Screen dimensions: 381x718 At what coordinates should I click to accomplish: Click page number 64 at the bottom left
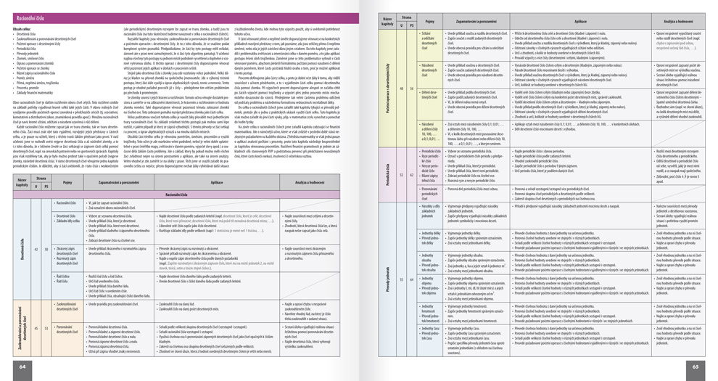(22, 366)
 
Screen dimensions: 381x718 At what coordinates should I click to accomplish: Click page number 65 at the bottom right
(695, 366)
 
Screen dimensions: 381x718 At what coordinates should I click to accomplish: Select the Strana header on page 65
(406, 17)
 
